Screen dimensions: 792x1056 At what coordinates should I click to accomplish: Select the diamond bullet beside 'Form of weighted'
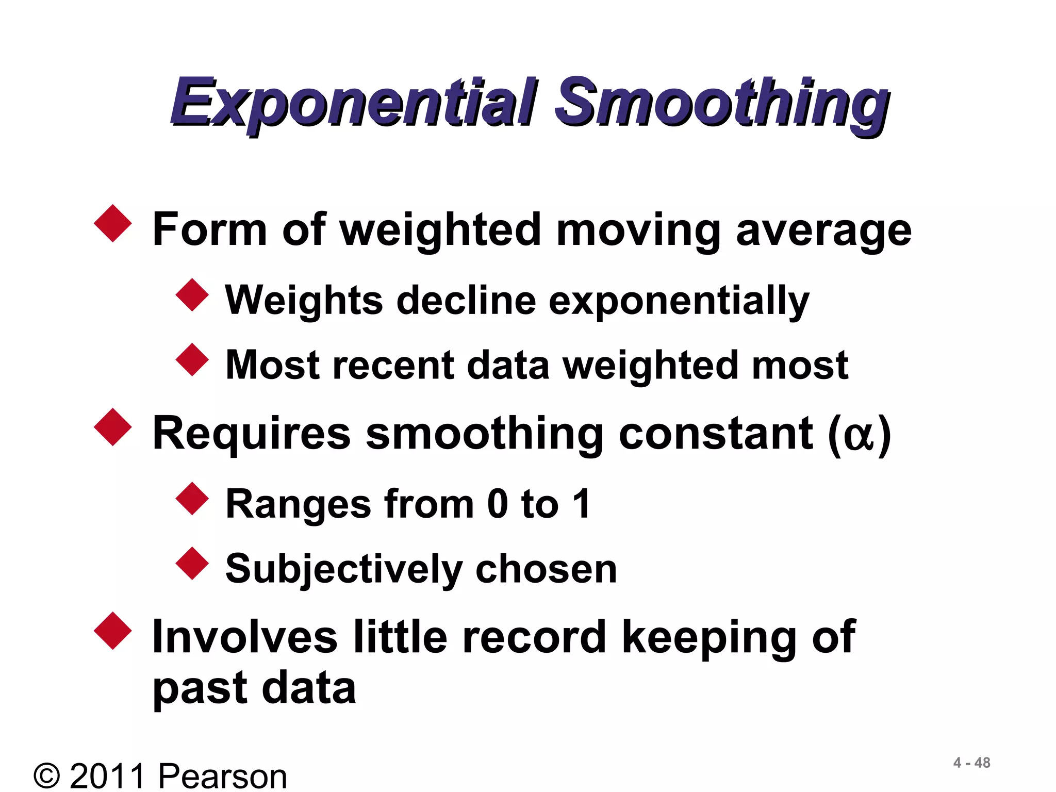click(x=113, y=223)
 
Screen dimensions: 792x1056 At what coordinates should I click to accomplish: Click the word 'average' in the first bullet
click(x=823, y=230)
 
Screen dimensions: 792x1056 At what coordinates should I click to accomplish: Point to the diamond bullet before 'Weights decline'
click(x=192, y=295)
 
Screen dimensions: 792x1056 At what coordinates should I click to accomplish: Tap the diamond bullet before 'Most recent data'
click(x=192, y=359)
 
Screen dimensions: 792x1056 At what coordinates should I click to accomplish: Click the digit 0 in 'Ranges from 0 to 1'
click(x=498, y=504)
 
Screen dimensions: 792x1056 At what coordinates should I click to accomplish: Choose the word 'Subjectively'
click(x=344, y=569)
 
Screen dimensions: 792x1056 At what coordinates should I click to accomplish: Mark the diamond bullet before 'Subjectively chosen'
click(x=192, y=563)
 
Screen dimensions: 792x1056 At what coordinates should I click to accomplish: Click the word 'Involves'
click(x=245, y=637)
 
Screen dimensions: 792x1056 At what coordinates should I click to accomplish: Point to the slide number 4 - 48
click(x=971, y=763)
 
